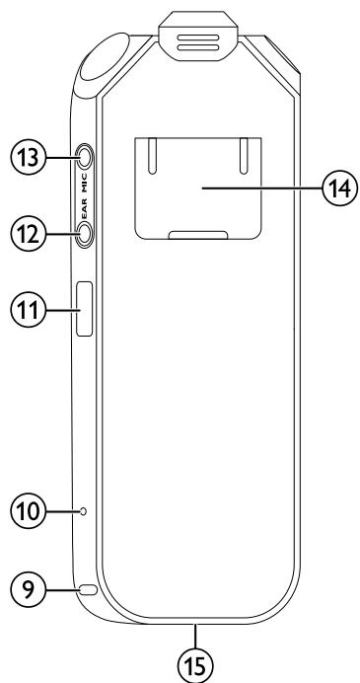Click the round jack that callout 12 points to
click(84, 233)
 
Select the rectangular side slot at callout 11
click(83, 309)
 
